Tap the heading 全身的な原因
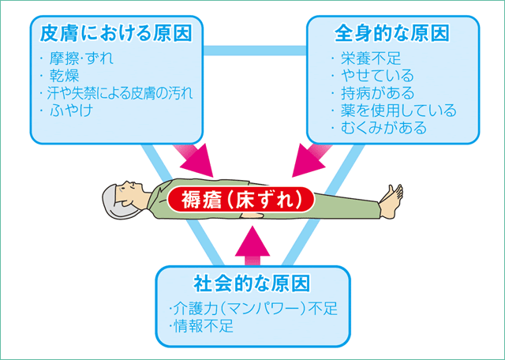click(x=391, y=34)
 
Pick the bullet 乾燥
click(x=65, y=76)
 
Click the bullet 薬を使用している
click(x=395, y=111)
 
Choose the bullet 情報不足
click(x=203, y=326)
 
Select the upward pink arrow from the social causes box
click(x=252, y=241)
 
